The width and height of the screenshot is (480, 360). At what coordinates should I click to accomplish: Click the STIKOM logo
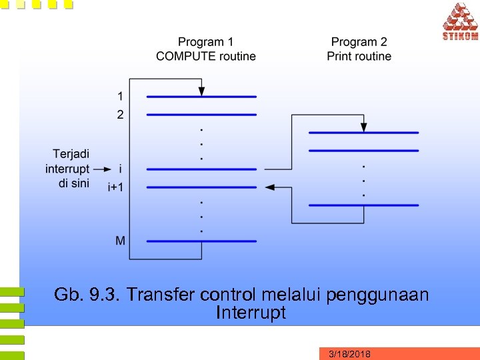pos(460,21)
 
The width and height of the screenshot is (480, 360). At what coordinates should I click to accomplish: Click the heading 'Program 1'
pos(206,42)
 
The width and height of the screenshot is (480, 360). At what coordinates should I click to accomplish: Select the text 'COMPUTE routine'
pos(206,56)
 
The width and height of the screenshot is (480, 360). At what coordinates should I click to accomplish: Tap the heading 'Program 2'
pos(359,42)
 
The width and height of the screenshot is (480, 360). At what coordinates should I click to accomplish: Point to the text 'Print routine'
pos(359,56)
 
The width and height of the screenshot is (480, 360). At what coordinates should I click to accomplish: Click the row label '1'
pos(120,96)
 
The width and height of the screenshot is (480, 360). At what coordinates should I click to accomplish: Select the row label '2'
pos(120,115)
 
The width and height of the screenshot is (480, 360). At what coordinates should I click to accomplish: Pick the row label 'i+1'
pos(115,187)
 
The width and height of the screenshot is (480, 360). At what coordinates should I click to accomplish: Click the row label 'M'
pos(120,240)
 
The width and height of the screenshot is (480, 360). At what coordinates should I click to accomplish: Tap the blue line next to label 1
pos(201,97)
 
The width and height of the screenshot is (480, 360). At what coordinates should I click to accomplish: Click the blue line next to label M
pos(201,241)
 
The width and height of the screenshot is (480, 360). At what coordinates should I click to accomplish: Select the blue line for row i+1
pos(201,187)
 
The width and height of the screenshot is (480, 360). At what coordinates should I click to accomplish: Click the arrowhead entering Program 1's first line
pos(201,91)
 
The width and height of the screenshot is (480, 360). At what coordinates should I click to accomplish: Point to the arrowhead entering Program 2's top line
pos(363,127)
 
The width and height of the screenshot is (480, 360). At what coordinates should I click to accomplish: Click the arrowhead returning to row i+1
pos(270,187)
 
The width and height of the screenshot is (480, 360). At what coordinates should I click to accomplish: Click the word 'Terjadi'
pos(71,154)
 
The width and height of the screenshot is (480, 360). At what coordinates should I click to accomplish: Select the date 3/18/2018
pos(350,354)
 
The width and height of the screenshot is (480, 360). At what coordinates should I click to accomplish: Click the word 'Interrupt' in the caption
pos(251,313)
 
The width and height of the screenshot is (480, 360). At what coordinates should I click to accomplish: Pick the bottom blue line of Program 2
pos(363,205)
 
